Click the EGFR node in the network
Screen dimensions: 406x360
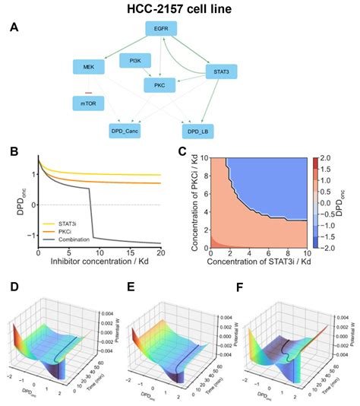click(160, 29)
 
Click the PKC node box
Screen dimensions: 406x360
click(159, 86)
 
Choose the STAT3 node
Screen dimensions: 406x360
click(222, 73)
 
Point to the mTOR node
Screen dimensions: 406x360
click(88, 101)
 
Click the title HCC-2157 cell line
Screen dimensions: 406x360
click(179, 8)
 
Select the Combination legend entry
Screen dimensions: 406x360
click(81, 240)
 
